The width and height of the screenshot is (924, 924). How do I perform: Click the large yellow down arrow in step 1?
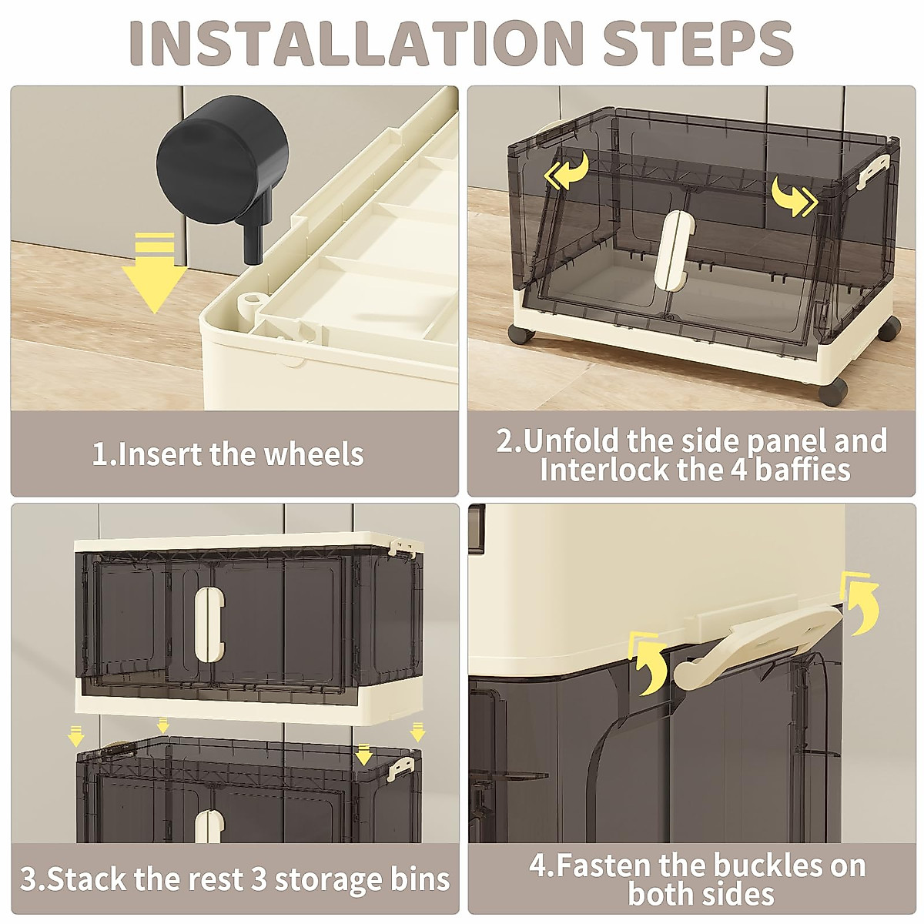click(155, 273)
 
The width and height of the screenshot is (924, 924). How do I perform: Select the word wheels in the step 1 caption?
click(313, 454)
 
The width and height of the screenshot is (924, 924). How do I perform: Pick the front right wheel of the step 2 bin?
click(835, 391)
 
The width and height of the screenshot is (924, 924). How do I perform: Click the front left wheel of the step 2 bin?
click(521, 333)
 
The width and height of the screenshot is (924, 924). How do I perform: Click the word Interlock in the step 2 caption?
click(605, 470)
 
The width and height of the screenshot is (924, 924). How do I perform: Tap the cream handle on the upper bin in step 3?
click(209, 621)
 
